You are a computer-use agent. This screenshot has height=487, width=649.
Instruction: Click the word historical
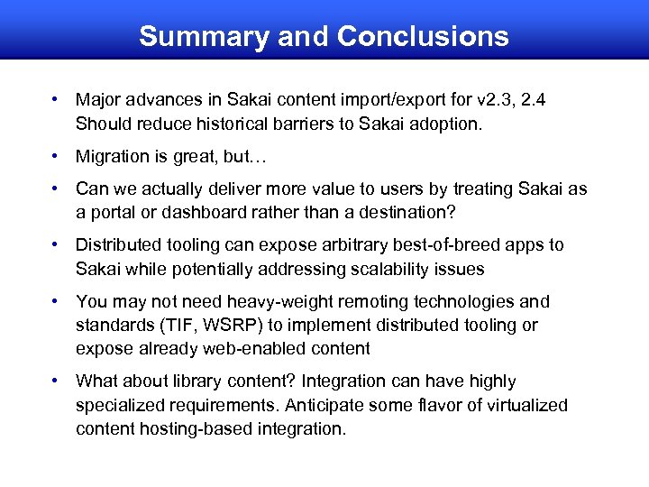tap(224, 124)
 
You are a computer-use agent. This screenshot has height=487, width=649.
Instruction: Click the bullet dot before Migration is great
tap(56, 156)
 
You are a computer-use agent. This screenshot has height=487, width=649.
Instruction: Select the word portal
tap(113, 212)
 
